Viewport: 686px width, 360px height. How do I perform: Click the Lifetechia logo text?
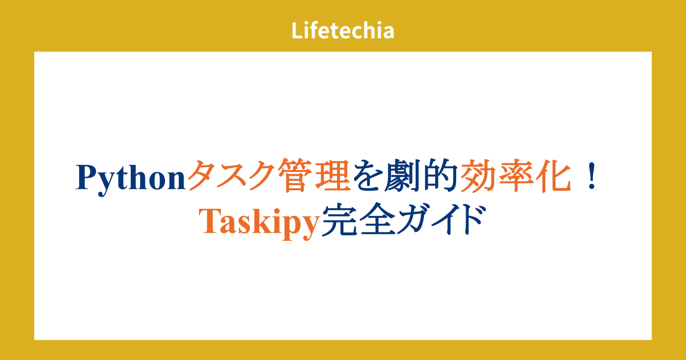(343, 30)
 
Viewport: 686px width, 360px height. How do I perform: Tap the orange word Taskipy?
(259, 222)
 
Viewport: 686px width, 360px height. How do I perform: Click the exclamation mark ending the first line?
(592, 176)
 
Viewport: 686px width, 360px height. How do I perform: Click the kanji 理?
(333, 175)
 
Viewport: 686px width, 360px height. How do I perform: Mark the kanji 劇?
(403, 175)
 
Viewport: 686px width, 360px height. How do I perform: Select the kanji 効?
(478, 175)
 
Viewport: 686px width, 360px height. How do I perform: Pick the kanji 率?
(516, 175)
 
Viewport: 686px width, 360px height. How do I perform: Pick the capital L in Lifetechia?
(297, 30)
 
